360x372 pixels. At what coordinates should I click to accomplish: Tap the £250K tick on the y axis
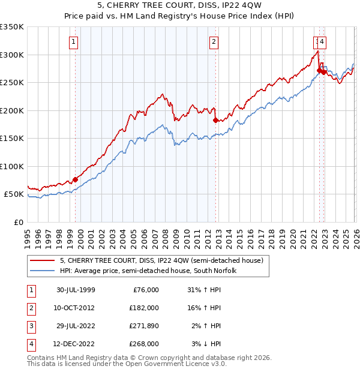click(12, 82)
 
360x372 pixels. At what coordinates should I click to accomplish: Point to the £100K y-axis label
click(12, 166)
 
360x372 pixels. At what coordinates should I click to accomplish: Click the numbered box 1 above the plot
click(73, 41)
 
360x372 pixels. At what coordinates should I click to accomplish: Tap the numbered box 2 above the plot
click(213, 41)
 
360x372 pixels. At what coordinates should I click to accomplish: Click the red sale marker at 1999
click(76, 179)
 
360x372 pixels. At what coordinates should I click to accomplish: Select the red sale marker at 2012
click(215, 120)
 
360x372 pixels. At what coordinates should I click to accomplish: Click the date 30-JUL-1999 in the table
click(76, 290)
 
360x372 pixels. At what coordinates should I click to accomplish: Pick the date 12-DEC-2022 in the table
click(76, 344)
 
